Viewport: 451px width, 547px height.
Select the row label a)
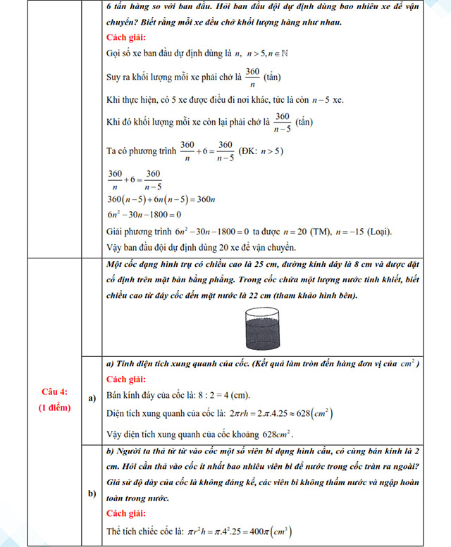tap(92, 398)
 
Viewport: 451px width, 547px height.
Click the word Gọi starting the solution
tap(114, 53)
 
